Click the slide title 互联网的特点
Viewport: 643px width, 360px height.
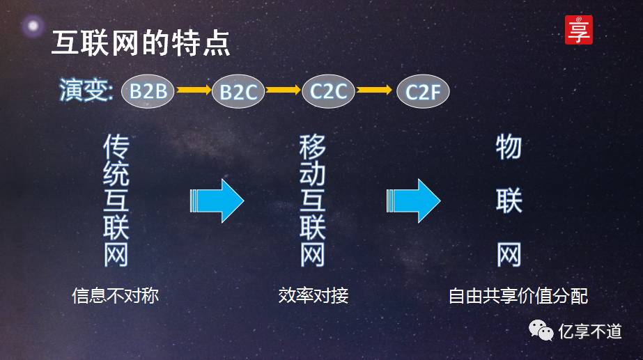[141, 43]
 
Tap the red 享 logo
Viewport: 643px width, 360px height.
[578, 30]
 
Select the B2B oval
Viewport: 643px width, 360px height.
[148, 91]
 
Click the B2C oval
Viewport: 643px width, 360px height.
[238, 91]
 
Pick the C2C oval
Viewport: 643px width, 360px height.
[329, 91]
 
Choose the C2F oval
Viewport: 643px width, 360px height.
[423, 91]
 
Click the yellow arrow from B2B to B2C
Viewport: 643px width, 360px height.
[193, 90]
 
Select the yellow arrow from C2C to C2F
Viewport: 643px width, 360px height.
[375, 90]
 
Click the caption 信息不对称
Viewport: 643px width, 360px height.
[116, 295]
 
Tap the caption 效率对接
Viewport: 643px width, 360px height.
[313, 295]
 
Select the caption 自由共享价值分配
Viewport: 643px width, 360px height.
[518, 296]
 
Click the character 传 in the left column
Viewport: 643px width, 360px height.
[116, 147]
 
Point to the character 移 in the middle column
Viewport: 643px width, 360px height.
[313, 147]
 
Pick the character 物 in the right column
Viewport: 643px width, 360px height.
[509, 147]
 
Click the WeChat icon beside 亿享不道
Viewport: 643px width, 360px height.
[541, 330]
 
